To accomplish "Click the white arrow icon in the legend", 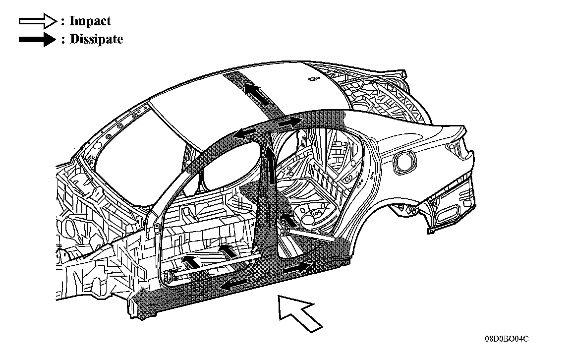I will point(38,21).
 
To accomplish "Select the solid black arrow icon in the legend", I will point(38,40).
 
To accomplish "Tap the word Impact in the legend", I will point(90,21).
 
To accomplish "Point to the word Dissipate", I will point(96,40).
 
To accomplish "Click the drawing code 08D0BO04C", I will point(506,339).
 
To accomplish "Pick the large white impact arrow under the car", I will point(299,312).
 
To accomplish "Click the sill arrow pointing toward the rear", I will point(294,268).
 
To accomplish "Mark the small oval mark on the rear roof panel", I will point(312,77).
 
